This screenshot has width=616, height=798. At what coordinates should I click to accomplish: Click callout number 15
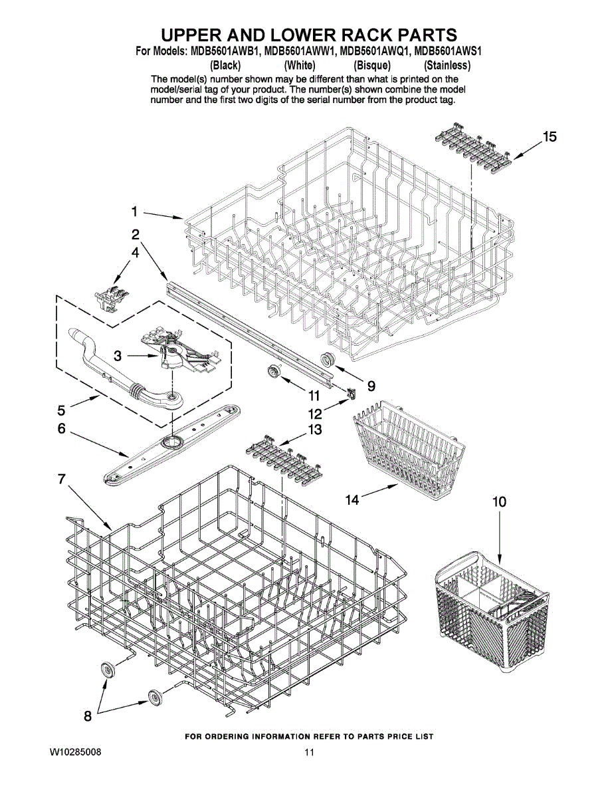pos(550,136)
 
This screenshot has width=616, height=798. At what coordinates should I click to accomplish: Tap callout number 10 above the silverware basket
pos(499,501)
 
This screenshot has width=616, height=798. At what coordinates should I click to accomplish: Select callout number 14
pos(352,499)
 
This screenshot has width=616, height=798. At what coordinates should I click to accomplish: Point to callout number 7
pos(61,479)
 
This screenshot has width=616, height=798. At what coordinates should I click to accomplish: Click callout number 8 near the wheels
pos(88,716)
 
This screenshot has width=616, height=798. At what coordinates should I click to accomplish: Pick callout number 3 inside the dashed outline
pos(118,356)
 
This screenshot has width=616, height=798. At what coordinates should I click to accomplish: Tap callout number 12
pos(315,414)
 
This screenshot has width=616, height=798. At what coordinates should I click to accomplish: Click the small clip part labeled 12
pos(352,394)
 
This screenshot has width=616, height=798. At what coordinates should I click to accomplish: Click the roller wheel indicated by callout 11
pos(273,371)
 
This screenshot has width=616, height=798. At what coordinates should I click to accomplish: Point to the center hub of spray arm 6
pos(171,442)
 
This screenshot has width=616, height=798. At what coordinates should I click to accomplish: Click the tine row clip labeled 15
pos(473,150)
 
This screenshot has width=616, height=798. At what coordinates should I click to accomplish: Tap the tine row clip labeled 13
pos(283,460)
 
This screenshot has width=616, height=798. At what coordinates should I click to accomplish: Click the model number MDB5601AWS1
pos(447,51)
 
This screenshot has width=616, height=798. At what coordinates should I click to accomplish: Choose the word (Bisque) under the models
pos(371,65)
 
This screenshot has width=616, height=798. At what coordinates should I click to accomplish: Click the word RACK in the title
pos(355,35)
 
